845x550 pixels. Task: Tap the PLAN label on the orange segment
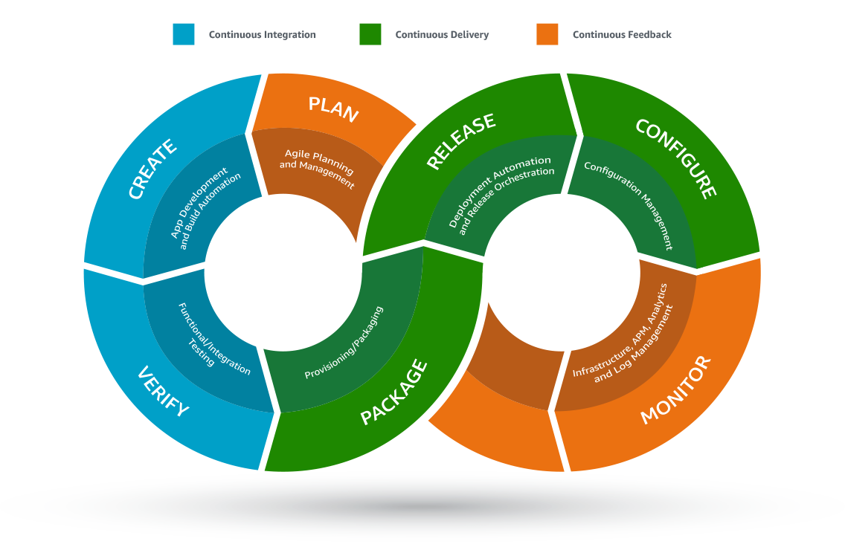(x=334, y=109)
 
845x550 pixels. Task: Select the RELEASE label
(x=461, y=141)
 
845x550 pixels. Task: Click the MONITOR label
(x=676, y=390)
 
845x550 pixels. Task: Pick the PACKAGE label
(x=394, y=393)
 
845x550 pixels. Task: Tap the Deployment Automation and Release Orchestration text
(x=501, y=192)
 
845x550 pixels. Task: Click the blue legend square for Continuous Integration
(x=184, y=34)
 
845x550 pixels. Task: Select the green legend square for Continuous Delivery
(x=370, y=34)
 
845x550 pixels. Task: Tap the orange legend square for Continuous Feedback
(x=547, y=34)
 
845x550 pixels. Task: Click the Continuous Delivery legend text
(x=442, y=35)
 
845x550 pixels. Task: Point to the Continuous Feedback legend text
(x=622, y=35)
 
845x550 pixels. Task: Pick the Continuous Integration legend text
(x=262, y=35)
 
